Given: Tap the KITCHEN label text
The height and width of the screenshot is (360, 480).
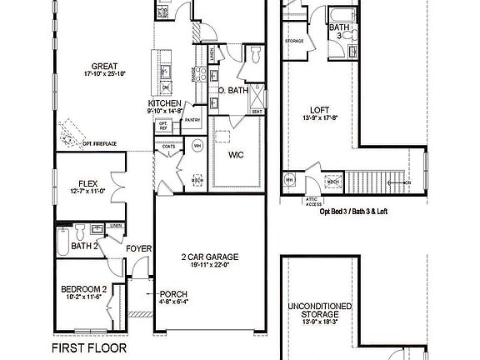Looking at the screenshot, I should coord(165,103).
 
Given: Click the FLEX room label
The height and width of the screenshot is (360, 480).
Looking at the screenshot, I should coord(89,183).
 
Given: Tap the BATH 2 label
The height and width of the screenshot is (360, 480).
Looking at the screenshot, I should coord(85,246).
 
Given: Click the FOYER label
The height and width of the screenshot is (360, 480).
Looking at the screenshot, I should coord(137,248).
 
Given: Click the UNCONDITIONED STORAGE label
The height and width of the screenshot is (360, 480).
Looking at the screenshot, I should coord(319,311).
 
